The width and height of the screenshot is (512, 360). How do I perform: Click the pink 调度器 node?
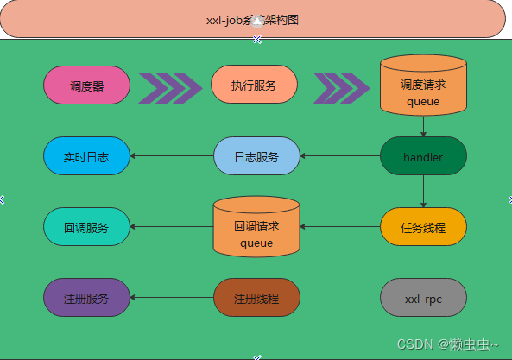(x=86, y=85)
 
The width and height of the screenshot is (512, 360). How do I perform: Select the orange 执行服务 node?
(x=254, y=85)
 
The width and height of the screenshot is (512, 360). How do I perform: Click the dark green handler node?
(x=423, y=156)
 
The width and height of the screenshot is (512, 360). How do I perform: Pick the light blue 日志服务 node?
(x=256, y=156)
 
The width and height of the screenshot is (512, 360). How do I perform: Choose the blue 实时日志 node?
(x=86, y=156)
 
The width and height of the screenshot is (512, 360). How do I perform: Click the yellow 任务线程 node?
(x=423, y=227)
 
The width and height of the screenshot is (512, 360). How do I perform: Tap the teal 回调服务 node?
(x=86, y=227)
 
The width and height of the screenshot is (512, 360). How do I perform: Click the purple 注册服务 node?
(x=86, y=298)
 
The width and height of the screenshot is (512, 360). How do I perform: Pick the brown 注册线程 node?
(x=256, y=298)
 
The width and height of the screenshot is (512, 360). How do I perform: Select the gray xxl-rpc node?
(x=423, y=298)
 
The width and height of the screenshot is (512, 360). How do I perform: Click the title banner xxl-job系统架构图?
(x=253, y=19)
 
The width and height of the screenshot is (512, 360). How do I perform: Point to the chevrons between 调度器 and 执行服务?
(x=170, y=87)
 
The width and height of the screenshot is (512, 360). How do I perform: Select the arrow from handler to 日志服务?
(x=340, y=156)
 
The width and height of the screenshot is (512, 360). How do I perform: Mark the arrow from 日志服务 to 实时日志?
(x=172, y=156)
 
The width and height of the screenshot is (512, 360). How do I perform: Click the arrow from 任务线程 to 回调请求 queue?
(x=340, y=227)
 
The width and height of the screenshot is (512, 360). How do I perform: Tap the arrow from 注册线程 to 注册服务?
(x=172, y=298)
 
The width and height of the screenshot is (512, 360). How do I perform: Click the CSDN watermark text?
(x=447, y=344)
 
